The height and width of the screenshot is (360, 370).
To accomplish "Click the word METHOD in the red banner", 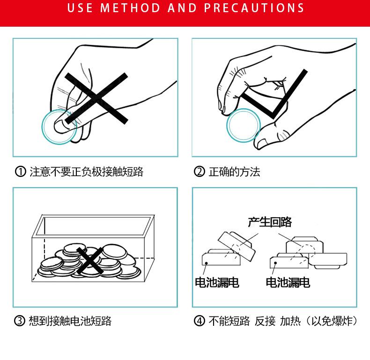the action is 130,7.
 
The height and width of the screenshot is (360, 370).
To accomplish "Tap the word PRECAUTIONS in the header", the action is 254,7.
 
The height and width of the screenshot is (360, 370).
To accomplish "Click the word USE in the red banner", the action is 80,7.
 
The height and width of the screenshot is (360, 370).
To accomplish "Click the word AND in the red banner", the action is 182,7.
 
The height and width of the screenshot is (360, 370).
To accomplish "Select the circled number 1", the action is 20,171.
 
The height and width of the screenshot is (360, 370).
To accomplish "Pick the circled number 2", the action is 200,171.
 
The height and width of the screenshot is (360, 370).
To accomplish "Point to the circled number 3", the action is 20,321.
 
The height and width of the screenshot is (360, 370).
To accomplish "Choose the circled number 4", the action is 200,321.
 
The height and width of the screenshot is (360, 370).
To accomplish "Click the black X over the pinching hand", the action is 96,98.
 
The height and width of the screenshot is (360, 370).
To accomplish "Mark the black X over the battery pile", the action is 90,261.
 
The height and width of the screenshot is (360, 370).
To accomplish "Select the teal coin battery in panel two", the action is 244,125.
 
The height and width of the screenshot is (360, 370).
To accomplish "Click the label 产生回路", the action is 270,222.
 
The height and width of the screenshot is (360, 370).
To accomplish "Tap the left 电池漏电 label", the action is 217,282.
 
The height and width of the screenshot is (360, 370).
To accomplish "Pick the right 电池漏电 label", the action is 288,282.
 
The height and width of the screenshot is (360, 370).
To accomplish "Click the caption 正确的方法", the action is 234,172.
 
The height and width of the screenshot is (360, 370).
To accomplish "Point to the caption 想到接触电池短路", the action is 70,321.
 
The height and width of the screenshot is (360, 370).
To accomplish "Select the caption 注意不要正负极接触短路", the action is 86,172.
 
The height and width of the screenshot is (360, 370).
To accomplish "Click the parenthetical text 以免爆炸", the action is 332,321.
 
